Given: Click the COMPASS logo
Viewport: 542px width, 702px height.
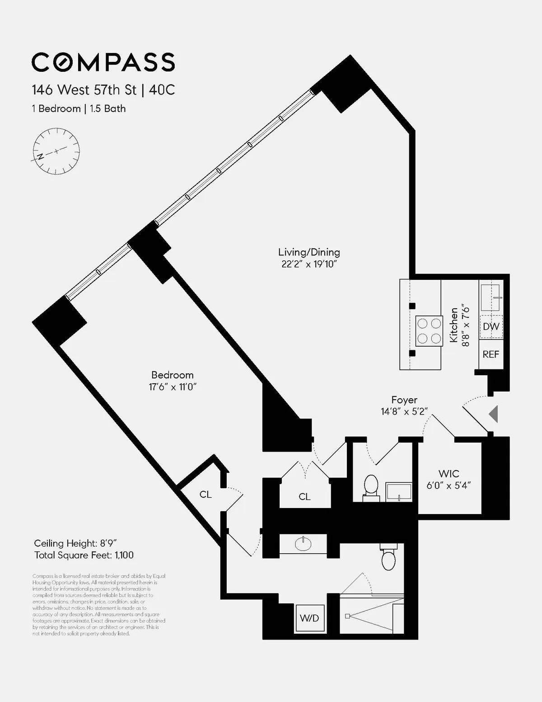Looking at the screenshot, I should coord(103,62).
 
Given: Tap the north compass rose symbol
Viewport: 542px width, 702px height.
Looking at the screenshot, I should coord(56,151).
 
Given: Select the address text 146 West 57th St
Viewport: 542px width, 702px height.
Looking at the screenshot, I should coord(84,90).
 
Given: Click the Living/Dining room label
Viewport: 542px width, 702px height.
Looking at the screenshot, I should coord(309,252).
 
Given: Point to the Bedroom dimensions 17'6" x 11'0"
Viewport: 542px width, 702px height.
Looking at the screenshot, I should coord(173,387).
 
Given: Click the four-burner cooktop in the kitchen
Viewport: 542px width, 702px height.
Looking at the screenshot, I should coord(429,330).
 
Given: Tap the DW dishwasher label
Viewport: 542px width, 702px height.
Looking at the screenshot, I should coord(491,326).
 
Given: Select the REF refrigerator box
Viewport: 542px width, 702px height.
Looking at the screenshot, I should coord(491,354).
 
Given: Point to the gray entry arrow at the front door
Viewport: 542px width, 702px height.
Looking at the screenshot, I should coord(494,414).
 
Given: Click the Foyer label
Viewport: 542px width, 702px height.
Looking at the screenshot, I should coord(404,400).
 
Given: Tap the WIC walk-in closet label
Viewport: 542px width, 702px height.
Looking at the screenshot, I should coord(449,474).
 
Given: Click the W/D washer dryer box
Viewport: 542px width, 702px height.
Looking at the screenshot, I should coord(309,618).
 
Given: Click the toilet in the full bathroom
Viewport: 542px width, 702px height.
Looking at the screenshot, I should coord(388,558).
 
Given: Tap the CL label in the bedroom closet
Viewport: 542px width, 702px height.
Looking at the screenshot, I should coord(206,495).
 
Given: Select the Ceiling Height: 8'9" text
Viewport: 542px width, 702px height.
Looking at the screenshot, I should coord(76,543).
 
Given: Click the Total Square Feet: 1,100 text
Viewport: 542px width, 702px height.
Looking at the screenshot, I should coord(84,555).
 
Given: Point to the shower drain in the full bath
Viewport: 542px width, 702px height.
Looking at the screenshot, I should coord(347,616).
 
